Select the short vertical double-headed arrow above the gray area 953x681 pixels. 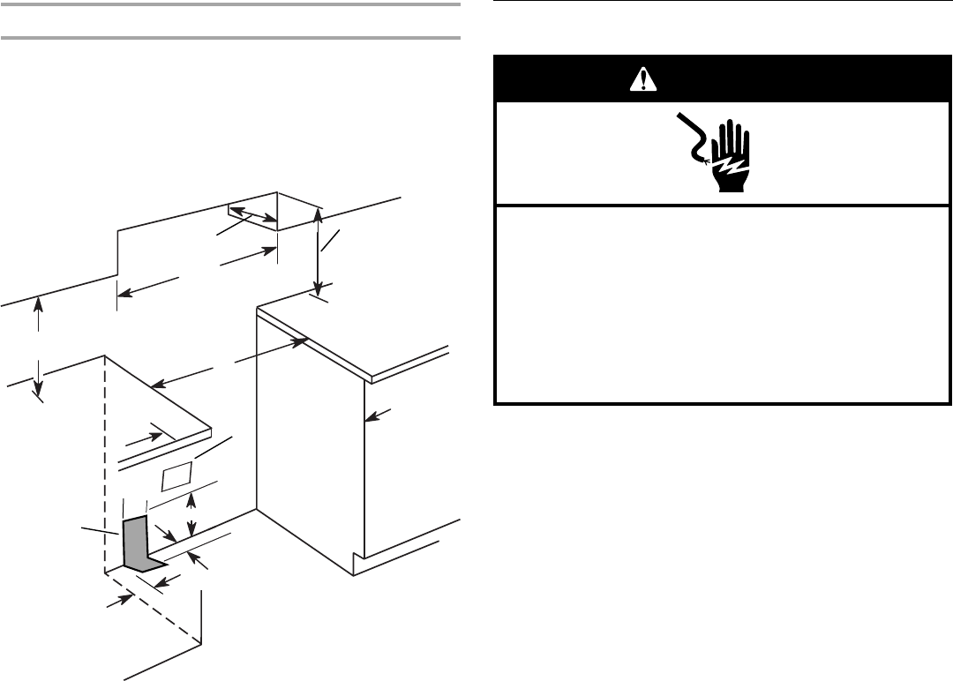193,517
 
